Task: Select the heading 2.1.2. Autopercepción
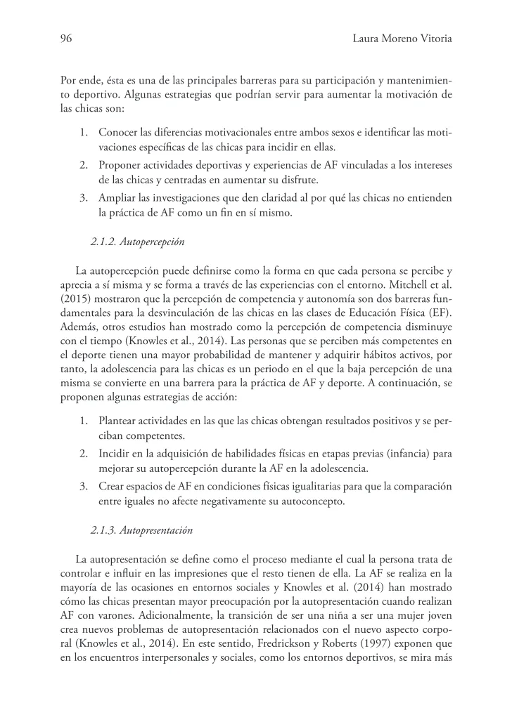(138, 242)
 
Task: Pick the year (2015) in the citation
(75, 297)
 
